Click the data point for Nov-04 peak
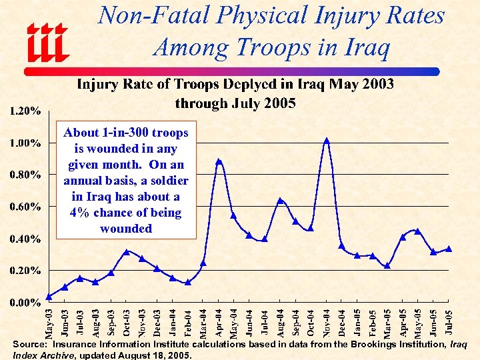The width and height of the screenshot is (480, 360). tap(327, 141)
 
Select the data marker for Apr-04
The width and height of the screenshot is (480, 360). tap(219, 161)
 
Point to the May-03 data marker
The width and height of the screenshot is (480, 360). tap(49, 297)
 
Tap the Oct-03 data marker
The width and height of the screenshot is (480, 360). tap(127, 252)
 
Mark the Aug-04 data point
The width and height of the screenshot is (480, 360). tap(281, 200)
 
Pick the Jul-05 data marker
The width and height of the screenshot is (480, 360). tap(449, 249)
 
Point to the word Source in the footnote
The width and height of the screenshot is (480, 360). tap(29, 345)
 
